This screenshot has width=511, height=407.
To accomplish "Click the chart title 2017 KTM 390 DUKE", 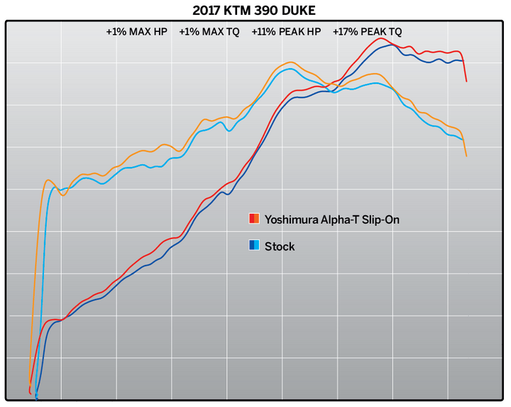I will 255,11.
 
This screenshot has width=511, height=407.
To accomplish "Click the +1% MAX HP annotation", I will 136,32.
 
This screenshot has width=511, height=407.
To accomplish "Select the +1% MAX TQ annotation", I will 209,32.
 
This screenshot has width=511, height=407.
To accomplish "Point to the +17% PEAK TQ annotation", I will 367,32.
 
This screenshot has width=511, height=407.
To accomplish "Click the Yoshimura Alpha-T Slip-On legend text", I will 331,219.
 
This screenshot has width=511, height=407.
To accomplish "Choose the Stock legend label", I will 280,246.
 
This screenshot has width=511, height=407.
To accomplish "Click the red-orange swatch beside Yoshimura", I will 254,219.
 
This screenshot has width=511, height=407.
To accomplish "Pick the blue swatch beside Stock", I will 254,246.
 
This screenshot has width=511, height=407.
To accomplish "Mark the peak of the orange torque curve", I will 291,63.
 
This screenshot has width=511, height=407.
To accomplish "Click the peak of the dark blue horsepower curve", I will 392,45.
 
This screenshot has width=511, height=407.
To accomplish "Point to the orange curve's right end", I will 466,156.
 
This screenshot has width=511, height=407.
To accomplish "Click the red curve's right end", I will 466,81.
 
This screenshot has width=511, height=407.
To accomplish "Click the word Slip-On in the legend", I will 380,219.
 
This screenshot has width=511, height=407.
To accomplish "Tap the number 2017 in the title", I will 207,11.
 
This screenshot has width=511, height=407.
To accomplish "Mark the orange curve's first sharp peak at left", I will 48,180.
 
